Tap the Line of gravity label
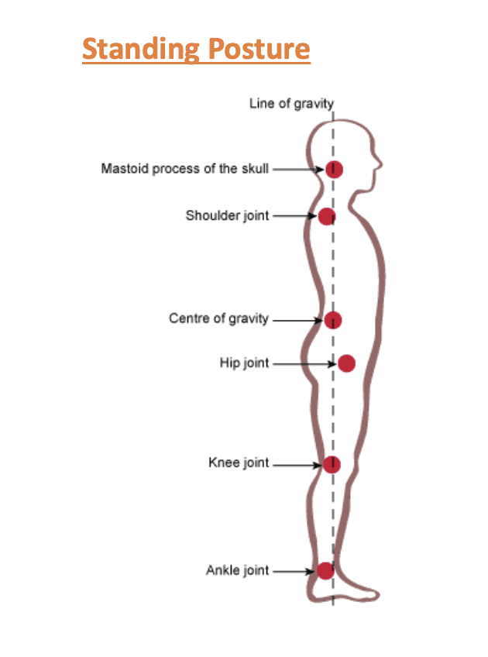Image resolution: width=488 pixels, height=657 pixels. [291, 103]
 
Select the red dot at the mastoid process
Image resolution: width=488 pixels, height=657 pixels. [334, 169]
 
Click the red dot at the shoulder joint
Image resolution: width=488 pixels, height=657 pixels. [327, 216]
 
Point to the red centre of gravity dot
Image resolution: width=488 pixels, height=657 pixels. [333, 320]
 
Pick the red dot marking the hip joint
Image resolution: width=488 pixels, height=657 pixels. [346, 363]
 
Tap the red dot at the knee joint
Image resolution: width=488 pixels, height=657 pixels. [332, 464]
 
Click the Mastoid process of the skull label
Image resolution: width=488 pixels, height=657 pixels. [184, 168]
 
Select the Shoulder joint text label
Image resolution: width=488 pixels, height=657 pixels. [227, 215]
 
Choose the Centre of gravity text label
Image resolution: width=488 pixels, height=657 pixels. [218, 318]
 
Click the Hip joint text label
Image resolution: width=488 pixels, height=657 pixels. [244, 363]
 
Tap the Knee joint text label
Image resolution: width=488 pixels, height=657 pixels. [239, 463]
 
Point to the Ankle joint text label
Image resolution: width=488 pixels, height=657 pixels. [237, 571]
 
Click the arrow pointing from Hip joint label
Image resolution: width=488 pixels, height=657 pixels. [303, 363]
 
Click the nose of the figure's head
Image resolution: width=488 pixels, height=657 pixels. [380, 164]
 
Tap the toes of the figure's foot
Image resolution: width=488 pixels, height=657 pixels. [375, 593]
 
